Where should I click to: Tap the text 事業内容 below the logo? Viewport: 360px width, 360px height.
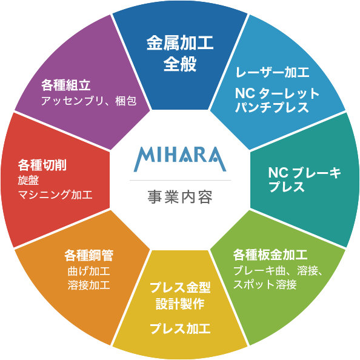[x=180, y=197]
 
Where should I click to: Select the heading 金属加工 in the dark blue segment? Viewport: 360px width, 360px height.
[x=180, y=42]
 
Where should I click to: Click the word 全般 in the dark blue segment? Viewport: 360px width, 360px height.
[x=180, y=64]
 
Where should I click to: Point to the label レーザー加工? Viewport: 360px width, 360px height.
[x=273, y=72]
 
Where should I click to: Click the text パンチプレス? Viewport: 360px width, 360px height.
[x=272, y=107]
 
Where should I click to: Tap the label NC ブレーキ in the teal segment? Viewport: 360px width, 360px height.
[x=305, y=173]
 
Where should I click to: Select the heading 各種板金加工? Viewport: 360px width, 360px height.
[x=270, y=255]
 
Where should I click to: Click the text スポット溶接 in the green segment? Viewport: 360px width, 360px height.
[x=265, y=284]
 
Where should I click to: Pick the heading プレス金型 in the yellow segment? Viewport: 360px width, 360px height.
[x=180, y=287]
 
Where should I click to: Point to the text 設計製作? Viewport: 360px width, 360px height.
[x=180, y=304]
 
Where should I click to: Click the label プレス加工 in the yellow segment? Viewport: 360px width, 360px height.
[x=180, y=328]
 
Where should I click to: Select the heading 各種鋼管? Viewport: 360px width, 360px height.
[x=88, y=255]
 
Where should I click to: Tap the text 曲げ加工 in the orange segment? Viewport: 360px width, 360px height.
[x=88, y=271]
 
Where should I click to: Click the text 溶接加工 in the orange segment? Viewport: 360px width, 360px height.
[x=88, y=285]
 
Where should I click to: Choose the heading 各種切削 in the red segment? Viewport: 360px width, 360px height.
[x=42, y=165]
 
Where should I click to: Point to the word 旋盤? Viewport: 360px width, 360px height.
[x=28, y=181]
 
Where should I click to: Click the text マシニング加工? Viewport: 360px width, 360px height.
[x=55, y=195]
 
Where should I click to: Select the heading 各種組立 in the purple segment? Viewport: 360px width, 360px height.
[x=66, y=85]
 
